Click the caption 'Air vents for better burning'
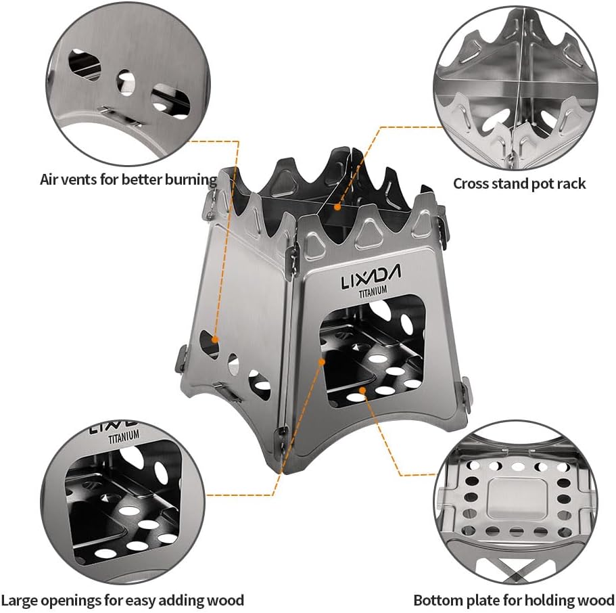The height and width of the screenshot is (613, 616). [x=128, y=180]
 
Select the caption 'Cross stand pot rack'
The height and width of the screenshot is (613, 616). [x=519, y=183]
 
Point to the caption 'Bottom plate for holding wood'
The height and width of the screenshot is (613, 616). [x=513, y=599]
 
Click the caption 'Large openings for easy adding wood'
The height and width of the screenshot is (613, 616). [x=122, y=599]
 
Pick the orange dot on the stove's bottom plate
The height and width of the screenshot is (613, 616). [x=363, y=390]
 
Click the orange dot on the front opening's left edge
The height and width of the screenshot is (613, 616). [x=323, y=362]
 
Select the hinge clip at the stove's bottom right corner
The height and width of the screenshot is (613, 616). [x=464, y=392]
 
